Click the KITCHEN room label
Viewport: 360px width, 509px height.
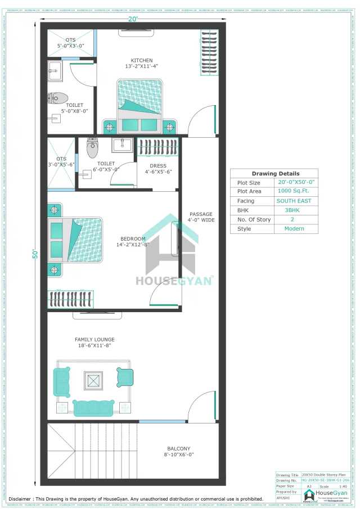coord(142,61)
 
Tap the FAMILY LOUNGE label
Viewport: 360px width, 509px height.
coord(94,340)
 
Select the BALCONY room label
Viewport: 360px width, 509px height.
coord(178,448)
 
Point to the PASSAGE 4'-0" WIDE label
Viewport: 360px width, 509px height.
coord(201,217)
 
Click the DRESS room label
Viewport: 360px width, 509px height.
coord(158,165)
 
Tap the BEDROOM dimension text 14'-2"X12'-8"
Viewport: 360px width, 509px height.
coord(133,244)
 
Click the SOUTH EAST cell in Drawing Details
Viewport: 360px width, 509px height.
coord(294,201)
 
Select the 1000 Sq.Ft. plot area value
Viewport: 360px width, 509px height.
coord(294,192)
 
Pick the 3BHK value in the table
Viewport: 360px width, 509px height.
coord(294,210)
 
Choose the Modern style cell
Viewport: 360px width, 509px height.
coord(294,228)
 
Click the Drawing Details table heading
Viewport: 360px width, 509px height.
coord(275,173)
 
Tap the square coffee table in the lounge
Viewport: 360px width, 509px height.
coord(93,380)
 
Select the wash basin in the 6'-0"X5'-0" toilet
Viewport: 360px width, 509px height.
coord(122,145)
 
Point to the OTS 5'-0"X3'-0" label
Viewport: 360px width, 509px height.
coord(70,43)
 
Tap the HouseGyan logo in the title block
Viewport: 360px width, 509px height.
coord(310,494)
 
